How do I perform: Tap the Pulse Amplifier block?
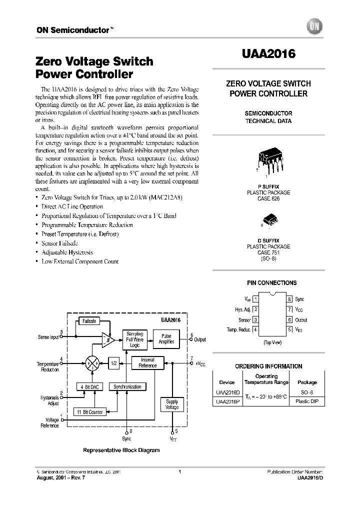pos(166,338)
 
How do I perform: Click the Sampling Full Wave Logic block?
pos(134,338)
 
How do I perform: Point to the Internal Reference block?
pos(147,362)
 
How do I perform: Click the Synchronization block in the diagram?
pos(127,386)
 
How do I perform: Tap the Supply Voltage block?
pos(172,404)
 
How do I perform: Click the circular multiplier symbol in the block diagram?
pos(91,363)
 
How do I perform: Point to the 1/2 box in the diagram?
pos(114,363)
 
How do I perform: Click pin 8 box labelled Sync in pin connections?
pos(289,299)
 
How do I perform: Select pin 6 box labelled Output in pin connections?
pos(289,319)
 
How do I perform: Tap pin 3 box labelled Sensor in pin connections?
pos(255,319)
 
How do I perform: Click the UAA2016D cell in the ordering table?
pos(227,392)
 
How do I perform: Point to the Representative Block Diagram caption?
pos(121,450)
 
